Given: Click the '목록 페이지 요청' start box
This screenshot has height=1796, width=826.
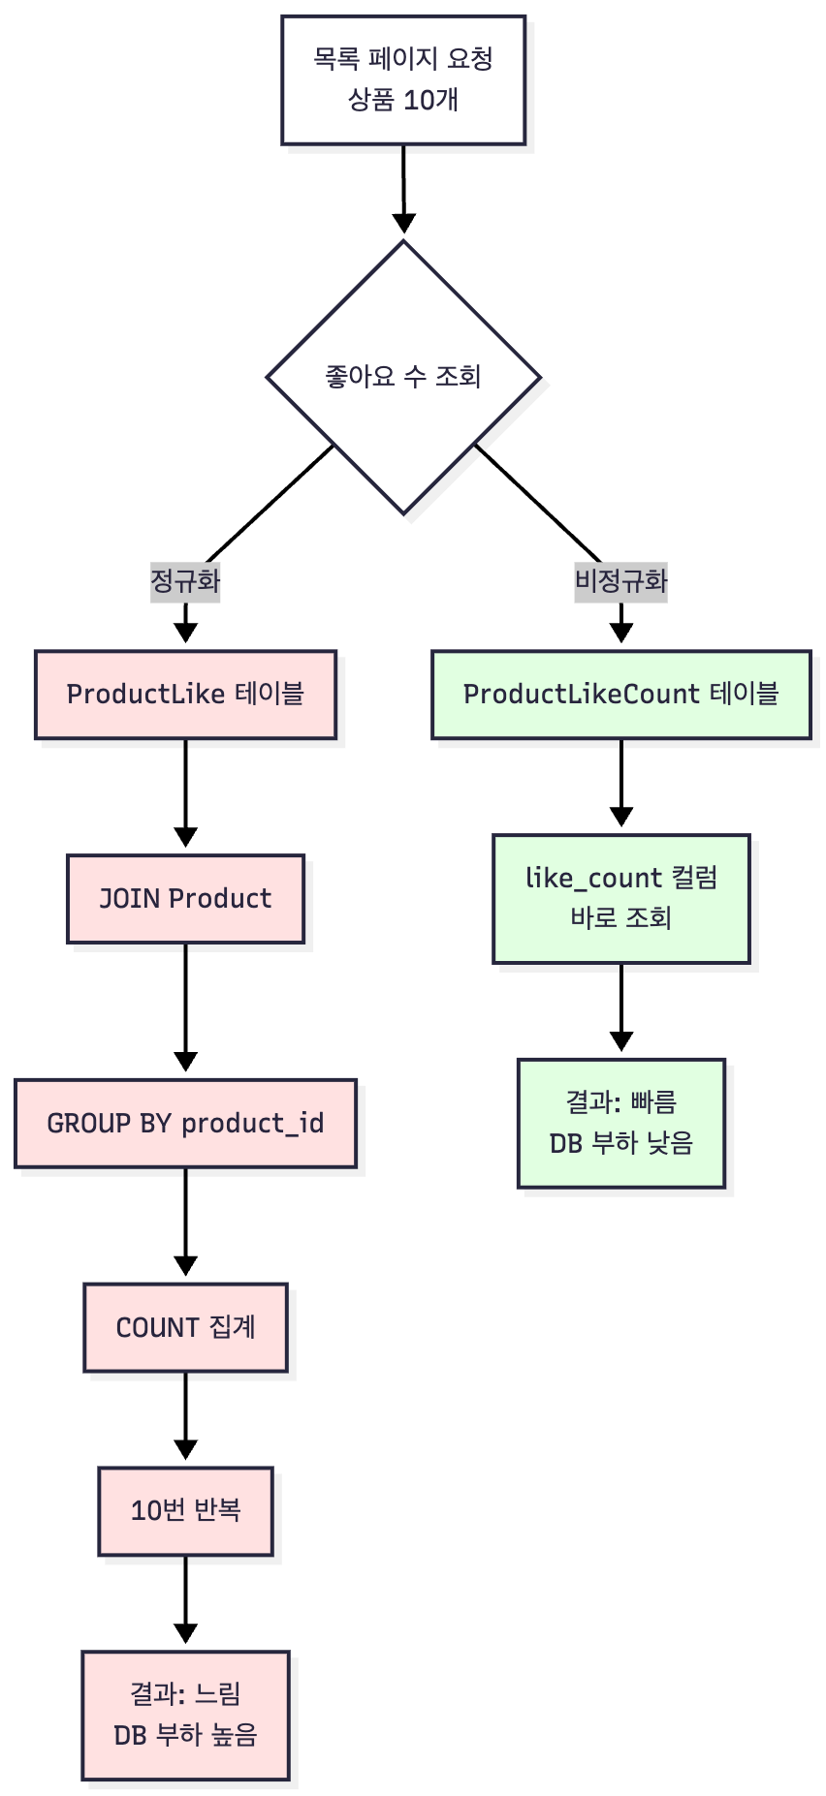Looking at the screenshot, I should (x=403, y=80).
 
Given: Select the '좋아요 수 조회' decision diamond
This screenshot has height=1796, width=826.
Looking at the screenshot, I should (x=403, y=377).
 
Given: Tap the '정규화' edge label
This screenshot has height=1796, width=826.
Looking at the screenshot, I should (x=185, y=581).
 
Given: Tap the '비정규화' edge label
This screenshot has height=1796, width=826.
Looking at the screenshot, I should (x=620, y=581).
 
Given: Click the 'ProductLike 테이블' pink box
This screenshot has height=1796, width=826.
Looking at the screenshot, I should (x=185, y=695).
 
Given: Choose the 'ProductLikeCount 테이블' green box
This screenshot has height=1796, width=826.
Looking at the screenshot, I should (x=620, y=695).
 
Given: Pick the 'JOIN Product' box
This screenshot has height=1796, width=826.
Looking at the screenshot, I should (x=185, y=899).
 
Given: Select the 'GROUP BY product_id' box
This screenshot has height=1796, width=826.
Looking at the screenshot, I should (x=185, y=1124).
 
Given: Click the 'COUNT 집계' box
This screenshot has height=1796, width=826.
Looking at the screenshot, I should (x=185, y=1327).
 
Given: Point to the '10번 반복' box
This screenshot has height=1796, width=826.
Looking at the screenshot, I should (x=185, y=1511).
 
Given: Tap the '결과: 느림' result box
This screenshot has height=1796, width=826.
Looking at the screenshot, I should (x=185, y=1715).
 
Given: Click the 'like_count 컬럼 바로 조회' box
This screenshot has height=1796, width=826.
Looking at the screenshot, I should (x=620, y=898).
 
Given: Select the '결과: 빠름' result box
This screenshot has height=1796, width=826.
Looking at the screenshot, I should (x=620, y=1123).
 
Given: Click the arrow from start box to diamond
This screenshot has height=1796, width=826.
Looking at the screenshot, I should (x=403, y=189).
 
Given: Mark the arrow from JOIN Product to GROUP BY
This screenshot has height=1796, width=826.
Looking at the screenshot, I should (x=185, y=1007).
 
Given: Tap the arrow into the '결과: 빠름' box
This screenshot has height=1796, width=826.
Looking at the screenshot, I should (x=620, y=1007).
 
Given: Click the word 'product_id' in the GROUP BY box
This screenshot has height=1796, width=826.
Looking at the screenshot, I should (x=252, y=1124).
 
